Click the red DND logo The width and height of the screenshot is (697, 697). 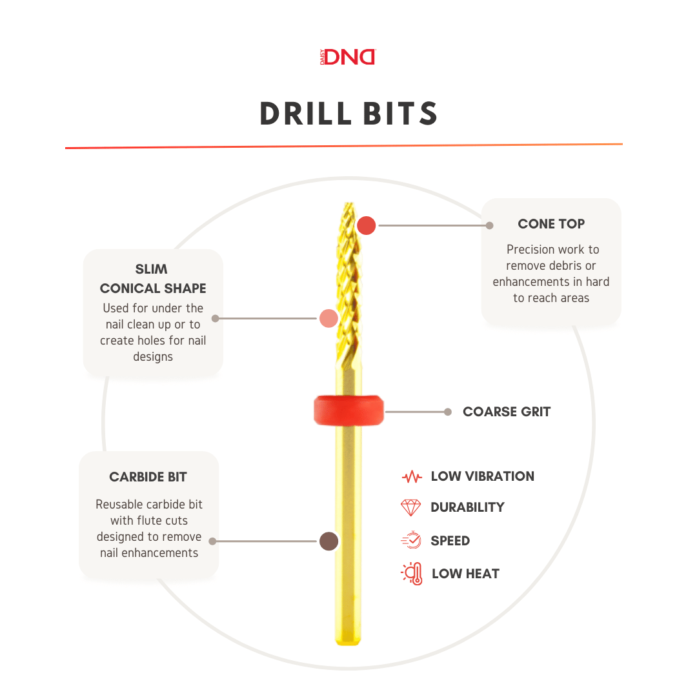click(x=348, y=57)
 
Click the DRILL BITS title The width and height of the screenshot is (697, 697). click(x=349, y=114)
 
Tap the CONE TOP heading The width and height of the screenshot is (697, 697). click(x=551, y=223)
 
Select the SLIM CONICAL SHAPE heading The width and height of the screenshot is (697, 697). click(x=153, y=279)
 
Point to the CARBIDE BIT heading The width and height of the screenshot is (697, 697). click(x=148, y=477)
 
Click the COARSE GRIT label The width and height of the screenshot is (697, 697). click(x=507, y=412)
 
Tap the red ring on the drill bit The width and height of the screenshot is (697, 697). click(x=349, y=410)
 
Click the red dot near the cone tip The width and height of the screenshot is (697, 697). click(x=367, y=225)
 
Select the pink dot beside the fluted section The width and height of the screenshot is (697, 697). click(x=329, y=318)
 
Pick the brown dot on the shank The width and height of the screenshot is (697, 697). click(x=329, y=541)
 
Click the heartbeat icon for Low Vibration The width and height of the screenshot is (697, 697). click(x=412, y=477)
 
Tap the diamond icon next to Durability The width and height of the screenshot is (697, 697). click(x=410, y=507)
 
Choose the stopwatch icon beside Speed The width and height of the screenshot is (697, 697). click(x=411, y=540)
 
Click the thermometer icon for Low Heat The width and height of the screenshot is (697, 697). click(x=412, y=574)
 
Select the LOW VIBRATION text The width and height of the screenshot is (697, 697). click(x=482, y=476)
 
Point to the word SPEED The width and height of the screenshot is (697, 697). click(x=450, y=541)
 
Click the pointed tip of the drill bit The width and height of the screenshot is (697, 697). click(x=349, y=203)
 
